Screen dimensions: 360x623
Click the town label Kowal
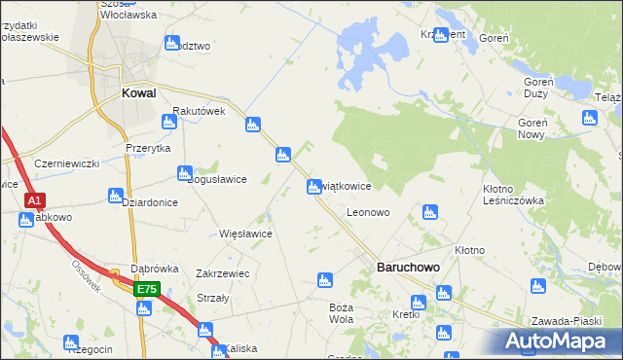(140, 93)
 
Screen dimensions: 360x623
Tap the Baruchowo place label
(408, 266)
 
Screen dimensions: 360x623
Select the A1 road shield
(34, 200)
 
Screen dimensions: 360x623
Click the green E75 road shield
(146, 289)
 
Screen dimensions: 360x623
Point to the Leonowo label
(368, 211)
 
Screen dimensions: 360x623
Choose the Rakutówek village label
(199, 111)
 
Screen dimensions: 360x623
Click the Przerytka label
(148, 148)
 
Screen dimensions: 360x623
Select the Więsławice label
(245, 234)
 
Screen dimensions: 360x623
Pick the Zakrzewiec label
(223, 273)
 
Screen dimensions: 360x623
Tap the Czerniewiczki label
(67, 163)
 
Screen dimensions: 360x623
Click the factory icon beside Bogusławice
(184, 173)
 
